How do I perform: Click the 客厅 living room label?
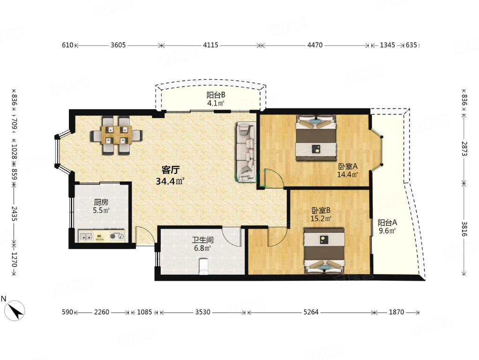(x=171, y=170)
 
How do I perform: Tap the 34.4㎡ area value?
(x=170, y=181)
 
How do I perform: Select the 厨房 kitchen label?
(x=101, y=202)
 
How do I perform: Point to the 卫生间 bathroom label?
(x=202, y=240)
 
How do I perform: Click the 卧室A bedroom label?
(x=348, y=166)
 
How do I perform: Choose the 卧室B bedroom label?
(x=321, y=210)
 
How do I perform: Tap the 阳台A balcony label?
(x=387, y=223)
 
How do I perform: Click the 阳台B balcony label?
(x=216, y=95)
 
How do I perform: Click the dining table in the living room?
(x=116, y=135)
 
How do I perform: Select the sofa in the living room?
(x=246, y=151)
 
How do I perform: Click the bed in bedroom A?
(x=316, y=138)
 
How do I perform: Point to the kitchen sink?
(x=86, y=236)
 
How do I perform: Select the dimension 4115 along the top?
(x=211, y=45)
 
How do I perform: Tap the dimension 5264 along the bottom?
(x=311, y=312)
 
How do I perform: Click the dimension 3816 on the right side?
(x=464, y=229)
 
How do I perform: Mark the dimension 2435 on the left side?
(x=15, y=214)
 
